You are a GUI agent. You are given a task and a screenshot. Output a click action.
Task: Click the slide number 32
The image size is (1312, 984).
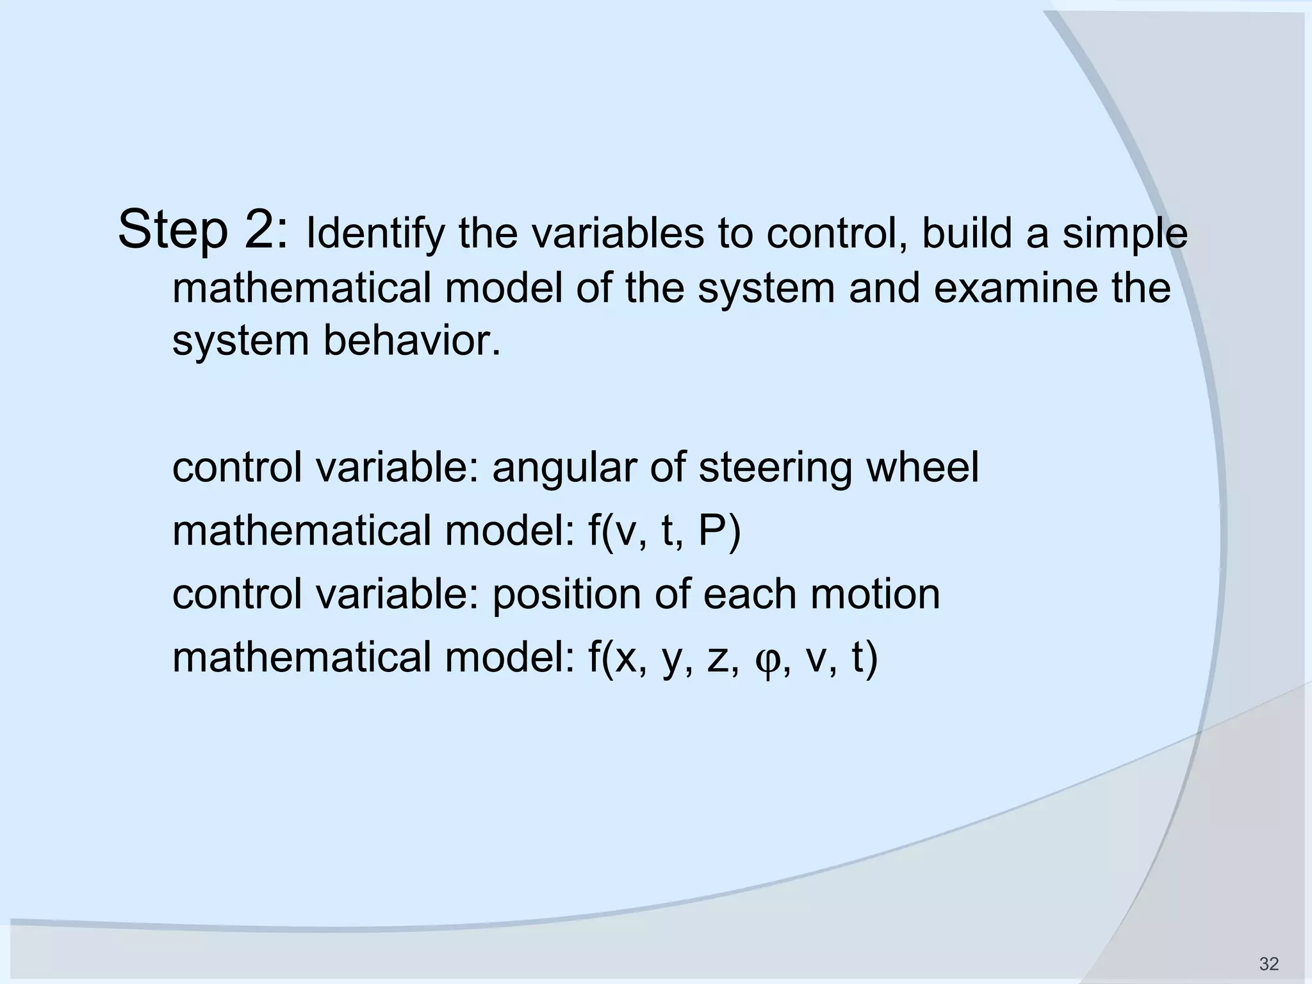click(x=1268, y=963)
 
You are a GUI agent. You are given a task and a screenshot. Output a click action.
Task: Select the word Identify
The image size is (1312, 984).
click(x=375, y=234)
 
